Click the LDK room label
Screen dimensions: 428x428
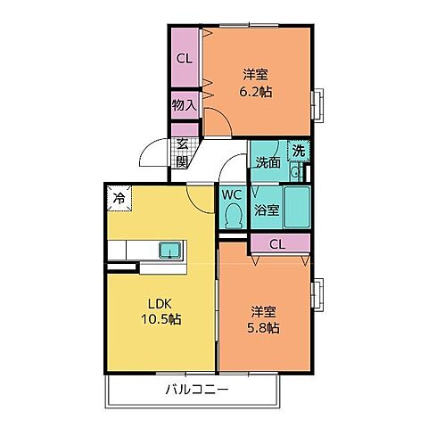(x=160, y=304)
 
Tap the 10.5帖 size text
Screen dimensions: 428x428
(x=160, y=319)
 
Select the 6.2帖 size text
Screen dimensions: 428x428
(x=256, y=92)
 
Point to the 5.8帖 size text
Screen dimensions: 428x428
(x=263, y=328)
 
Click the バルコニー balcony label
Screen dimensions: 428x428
(x=197, y=390)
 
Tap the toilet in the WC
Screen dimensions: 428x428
(x=233, y=216)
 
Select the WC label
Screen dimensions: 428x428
(x=232, y=194)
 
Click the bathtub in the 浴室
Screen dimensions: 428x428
(x=297, y=207)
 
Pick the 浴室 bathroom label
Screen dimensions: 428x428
(x=267, y=210)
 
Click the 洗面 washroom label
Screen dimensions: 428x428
(x=268, y=162)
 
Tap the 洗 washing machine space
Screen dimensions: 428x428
(x=299, y=151)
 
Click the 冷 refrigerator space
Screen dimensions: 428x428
(x=119, y=198)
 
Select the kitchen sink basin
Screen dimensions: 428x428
(x=170, y=250)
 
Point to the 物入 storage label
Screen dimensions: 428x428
(x=185, y=104)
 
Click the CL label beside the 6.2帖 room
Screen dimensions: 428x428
(x=185, y=59)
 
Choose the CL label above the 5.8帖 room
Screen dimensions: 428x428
(x=277, y=244)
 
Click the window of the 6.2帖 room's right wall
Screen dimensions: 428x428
(x=317, y=105)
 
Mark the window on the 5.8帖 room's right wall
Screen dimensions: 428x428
(x=317, y=295)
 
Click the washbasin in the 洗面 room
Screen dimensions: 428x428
(x=295, y=172)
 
